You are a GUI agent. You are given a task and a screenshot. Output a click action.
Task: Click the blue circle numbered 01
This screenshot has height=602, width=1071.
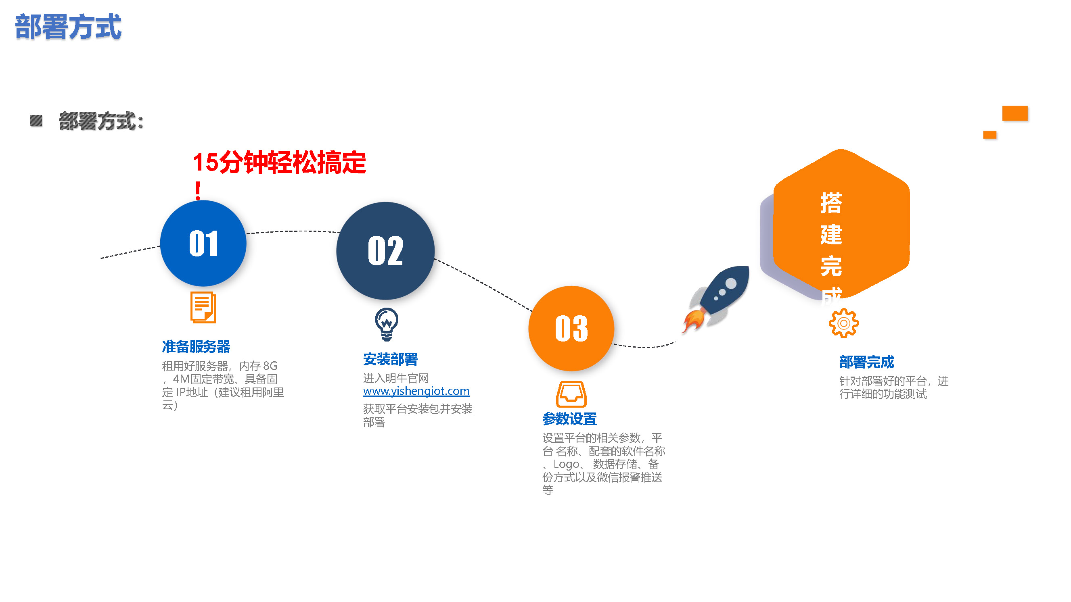pyautogui.click(x=203, y=244)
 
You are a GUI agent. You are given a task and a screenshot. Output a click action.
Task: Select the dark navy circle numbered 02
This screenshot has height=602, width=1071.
pyautogui.click(x=385, y=251)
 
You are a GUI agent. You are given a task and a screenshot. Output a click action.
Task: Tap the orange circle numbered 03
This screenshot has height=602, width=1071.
pyautogui.click(x=571, y=328)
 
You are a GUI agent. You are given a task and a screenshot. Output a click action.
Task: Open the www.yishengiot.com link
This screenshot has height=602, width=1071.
pyautogui.click(x=416, y=391)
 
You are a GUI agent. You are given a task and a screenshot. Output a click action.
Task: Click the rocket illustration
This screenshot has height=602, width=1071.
pyautogui.click(x=716, y=299)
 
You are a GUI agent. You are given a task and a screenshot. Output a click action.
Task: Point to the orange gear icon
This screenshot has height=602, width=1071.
pyautogui.click(x=843, y=323)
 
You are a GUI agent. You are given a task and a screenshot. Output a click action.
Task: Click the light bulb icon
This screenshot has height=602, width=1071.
pyautogui.click(x=387, y=324)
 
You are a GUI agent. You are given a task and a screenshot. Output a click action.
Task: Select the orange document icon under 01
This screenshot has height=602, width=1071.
pyautogui.click(x=203, y=307)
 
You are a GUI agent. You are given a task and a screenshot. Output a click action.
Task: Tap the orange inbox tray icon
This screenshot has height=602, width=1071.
pyautogui.click(x=571, y=394)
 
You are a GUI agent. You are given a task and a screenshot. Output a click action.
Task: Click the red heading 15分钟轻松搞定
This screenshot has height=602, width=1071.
pyautogui.click(x=279, y=162)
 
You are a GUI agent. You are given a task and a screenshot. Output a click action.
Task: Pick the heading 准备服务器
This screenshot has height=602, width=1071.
pyautogui.click(x=196, y=346)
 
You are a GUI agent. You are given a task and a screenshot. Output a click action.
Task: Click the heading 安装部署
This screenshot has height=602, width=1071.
pyautogui.click(x=390, y=359)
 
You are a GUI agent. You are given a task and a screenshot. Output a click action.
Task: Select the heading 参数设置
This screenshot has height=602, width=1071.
pyautogui.click(x=569, y=419)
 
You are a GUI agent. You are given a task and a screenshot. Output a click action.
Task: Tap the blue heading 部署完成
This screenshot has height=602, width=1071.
pyautogui.click(x=866, y=362)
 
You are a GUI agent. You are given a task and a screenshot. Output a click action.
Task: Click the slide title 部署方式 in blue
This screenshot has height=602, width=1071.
pyautogui.click(x=68, y=27)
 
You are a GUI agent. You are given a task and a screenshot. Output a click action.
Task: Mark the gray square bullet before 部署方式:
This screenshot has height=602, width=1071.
pyautogui.click(x=36, y=121)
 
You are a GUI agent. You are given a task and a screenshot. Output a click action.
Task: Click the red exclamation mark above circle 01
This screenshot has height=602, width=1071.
pyautogui.click(x=198, y=191)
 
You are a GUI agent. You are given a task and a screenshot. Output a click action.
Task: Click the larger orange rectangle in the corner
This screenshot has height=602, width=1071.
pyautogui.click(x=1015, y=113)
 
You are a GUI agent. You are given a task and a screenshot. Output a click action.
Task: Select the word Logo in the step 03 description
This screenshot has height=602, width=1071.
pyautogui.click(x=566, y=464)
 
